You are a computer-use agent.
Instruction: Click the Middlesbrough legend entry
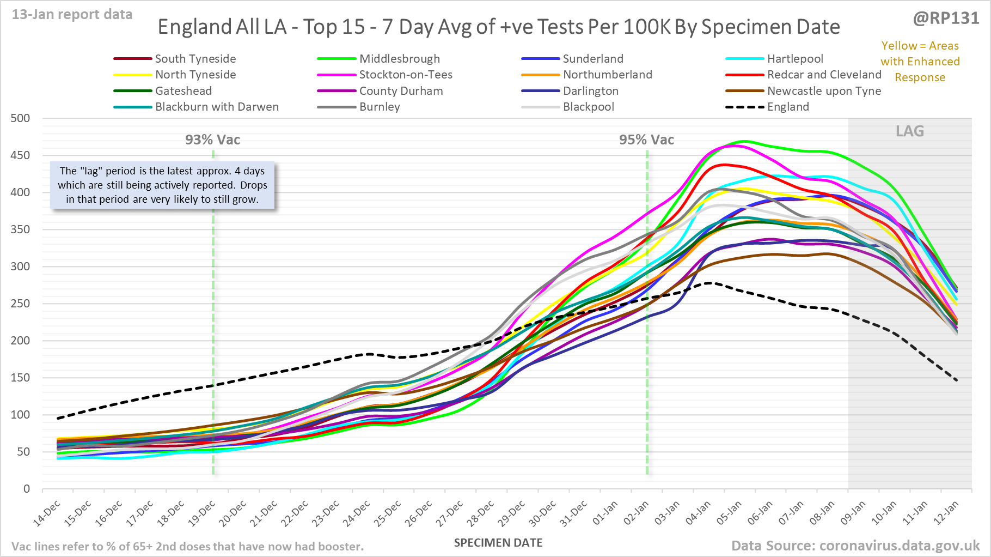(399, 59)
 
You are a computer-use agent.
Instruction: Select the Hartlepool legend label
(795, 59)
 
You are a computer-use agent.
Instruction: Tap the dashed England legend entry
(788, 107)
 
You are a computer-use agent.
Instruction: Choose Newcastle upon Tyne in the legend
(824, 91)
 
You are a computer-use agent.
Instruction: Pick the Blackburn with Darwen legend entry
(217, 107)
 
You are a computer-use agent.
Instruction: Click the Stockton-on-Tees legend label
(406, 75)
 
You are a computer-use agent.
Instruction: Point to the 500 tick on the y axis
(21, 118)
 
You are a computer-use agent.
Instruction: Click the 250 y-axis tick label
(21, 304)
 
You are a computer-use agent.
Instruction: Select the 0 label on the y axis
(27, 489)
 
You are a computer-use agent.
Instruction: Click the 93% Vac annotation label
(212, 140)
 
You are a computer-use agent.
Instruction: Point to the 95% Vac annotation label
(646, 140)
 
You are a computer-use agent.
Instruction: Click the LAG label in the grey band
(910, 131)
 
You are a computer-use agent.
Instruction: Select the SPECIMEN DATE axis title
(498, 543)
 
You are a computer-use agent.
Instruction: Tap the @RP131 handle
(946, 19)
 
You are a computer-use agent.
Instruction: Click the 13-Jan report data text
(72, 15)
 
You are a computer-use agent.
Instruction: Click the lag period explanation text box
(162, 185)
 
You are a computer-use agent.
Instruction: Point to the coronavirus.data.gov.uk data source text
(855, 546)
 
